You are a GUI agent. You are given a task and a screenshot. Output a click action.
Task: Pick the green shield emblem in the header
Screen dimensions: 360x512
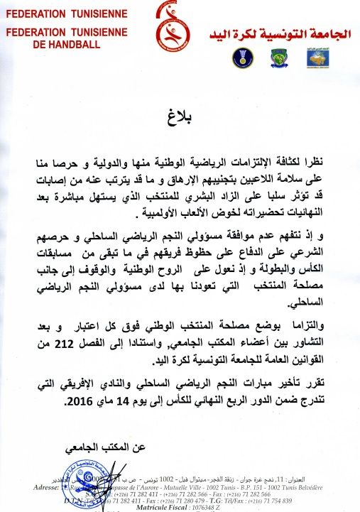tap(278, 58)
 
